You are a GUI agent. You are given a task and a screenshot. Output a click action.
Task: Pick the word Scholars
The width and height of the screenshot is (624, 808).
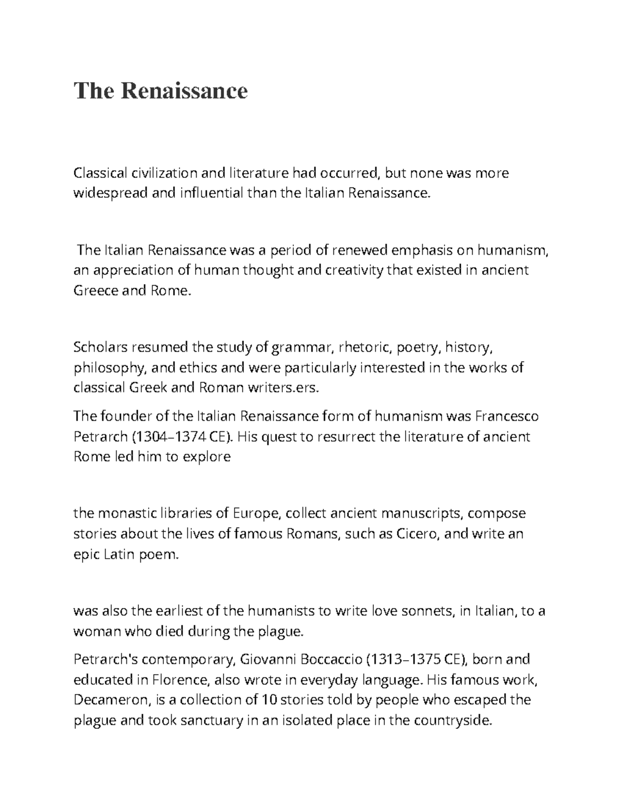tap(98, 347)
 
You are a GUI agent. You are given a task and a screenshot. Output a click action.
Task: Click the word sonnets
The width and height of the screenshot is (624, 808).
tap(426, 611)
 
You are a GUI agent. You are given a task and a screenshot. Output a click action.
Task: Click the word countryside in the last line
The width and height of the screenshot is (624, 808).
tap(448, 721)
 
